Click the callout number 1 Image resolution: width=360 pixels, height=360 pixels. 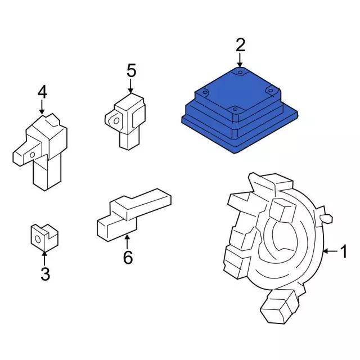click(x=343, y=251)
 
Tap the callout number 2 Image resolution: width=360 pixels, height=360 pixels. click(x=240, y=45)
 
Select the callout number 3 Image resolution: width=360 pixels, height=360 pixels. click(x=45, y=274)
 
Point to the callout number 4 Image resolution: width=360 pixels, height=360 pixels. click(x=43, y=92)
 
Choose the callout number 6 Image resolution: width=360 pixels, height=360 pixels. click(x=128, y=258)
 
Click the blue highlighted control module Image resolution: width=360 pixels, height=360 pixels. click(x=240, y=110)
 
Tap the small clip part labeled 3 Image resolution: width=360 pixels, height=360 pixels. click(x=44, y=237)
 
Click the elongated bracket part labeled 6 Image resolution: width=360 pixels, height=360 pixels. click(x=134, y=215)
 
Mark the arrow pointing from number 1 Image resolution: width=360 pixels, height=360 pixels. click(x=330, y=251)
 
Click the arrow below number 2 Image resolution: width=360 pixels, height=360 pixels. click(x=240, y=60)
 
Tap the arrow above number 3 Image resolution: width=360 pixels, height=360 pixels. click(x=44, y=259)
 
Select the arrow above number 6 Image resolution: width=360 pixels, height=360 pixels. click(x=127, y=242)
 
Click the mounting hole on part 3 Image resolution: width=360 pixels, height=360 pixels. click(x=38, y=240)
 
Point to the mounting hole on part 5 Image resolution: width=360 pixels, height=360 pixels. click(x=116, y=121)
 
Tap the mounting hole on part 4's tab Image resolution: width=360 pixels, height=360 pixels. click(x=33, y=155)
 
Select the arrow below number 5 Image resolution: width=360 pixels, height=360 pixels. click(x=130, y=86)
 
